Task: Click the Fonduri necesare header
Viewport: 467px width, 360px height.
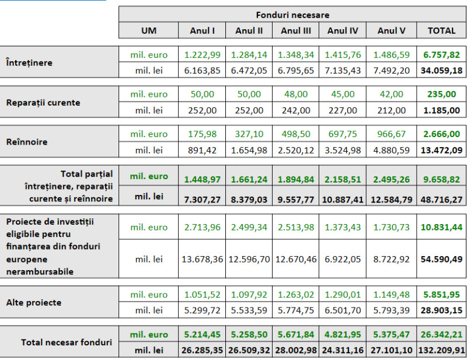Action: click(x=292, y=15)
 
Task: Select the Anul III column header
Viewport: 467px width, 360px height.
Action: click(x=296, y=31)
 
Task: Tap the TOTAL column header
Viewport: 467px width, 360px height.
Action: click(x=441, y=31)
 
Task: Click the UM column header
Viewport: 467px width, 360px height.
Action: click(x=149, y=31)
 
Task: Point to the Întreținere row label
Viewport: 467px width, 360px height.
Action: click(x=29, y=62)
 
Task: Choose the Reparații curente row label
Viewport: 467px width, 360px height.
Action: click(x=43, y=103)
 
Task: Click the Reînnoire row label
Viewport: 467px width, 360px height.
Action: click(x=27, y=142)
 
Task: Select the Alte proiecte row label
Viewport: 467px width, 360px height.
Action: click(x=34, y=303)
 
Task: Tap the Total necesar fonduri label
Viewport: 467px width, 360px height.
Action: click(x=67, y=342)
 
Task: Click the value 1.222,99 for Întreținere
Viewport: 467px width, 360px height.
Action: click(x=202, y=55)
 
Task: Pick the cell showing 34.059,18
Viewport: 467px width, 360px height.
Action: click(x=441, y=71)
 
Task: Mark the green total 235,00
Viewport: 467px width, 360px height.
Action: click(x=441, y=94)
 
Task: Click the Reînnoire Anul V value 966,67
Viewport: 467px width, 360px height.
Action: click(x=391, y=134)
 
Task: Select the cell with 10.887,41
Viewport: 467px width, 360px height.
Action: click(x=343, y=200)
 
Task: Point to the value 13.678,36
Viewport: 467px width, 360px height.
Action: click(x=202, y=259)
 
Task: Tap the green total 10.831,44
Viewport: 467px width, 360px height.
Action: click(x=441, y=227)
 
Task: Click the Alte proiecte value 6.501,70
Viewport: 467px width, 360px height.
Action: click(x=343, y=310)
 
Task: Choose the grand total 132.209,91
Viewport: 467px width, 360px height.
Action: click(x=441, y=350)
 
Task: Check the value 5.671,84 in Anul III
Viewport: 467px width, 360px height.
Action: click(x=296, y=334)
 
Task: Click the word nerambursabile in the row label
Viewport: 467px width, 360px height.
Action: click(x=40, y=271)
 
